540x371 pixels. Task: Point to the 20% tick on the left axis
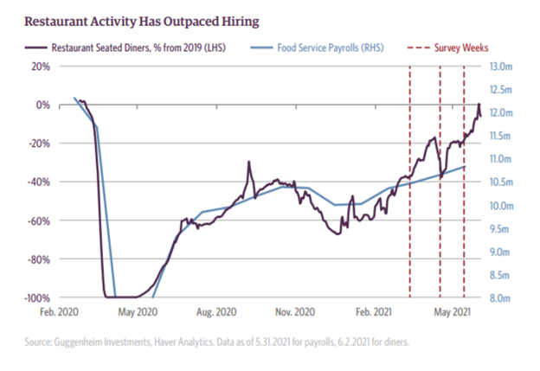pyautogui.click(x=42, y=66)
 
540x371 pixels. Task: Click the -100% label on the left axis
pyautogui.click(x=37, y=297)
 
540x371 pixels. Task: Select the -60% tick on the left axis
pyautogui.click(x=39, y=221)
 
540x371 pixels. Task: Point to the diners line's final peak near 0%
pyautogui.click(x=479, y=105)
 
